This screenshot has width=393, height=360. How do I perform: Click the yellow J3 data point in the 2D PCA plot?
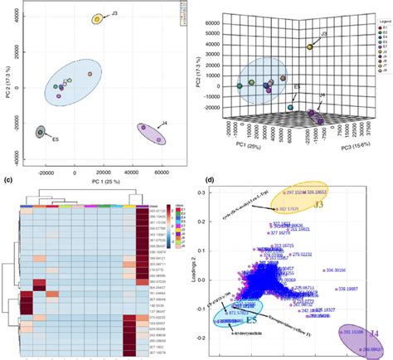[x=97, y=18]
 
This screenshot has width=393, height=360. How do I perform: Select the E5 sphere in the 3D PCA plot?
[x=291, y=106]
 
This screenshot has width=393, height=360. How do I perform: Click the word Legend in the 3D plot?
[x=376, y=22]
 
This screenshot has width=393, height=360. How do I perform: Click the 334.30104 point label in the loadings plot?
[x=340, y=270]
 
